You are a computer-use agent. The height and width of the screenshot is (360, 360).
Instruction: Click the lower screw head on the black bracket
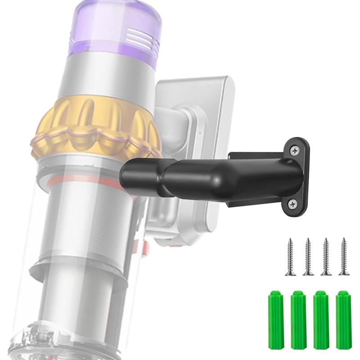[x=294, y=203]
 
